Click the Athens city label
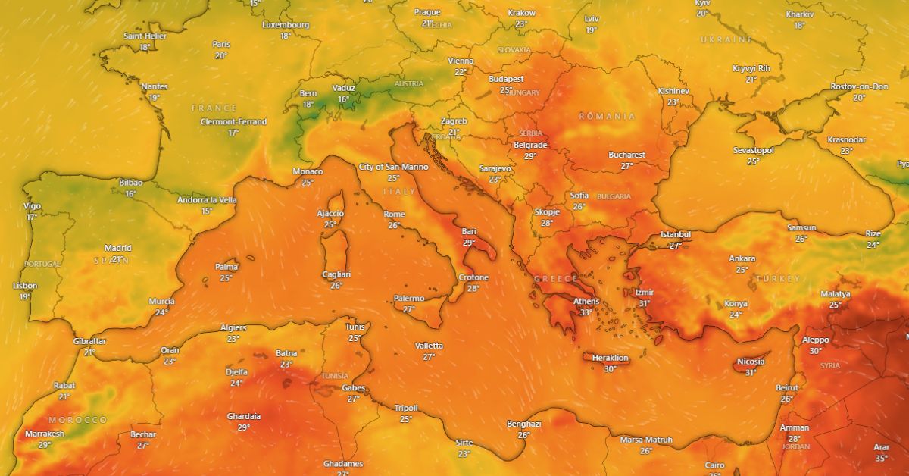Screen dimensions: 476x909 (x=586, y=301)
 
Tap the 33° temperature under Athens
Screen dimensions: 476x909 (x=586, y=312)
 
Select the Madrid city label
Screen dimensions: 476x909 (x=117, y=248)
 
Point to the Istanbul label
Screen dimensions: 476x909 (x=676, y=234)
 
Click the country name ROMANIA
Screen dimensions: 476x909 (x=607, y=116)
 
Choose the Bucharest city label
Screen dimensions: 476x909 (x=626, y=155)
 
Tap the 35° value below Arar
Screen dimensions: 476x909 (x=881, y=458)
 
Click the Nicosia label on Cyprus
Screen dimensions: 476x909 (x=751, y=362)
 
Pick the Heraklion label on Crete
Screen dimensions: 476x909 (x=610, y=358)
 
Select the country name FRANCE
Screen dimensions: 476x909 (x=214, y=108)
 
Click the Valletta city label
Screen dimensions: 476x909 (x=429, y=346)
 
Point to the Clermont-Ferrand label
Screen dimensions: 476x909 (x=233, y=121)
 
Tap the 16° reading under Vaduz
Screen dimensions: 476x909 (x=344, y=99)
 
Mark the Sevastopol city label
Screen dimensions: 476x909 (x=753, y=150)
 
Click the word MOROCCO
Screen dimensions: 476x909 (x=78, y=420)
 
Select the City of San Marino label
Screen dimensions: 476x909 (x=393, y=167)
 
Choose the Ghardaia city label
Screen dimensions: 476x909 (x=244, y=416)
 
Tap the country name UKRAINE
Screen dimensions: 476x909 (x=726, y=39)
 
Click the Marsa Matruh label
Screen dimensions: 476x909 (x=646, y=440)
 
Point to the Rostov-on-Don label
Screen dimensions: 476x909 (x=859, y=86)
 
